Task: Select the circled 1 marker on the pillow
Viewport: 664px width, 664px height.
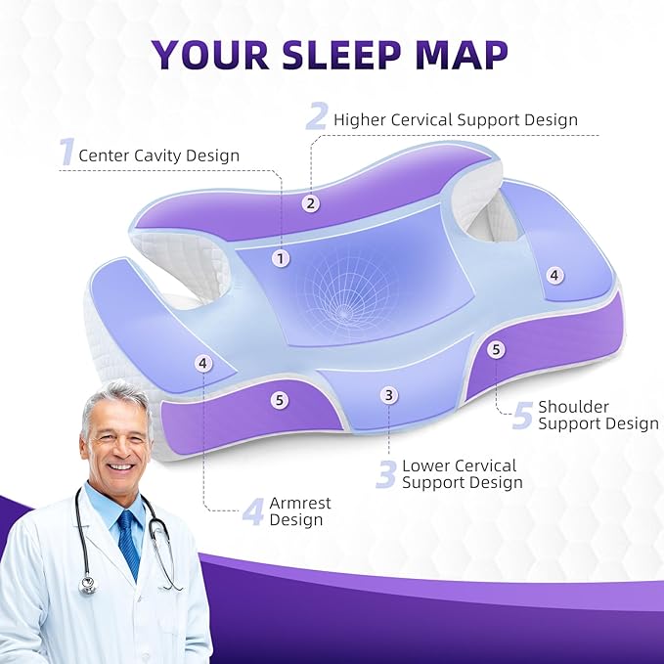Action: point(282,258)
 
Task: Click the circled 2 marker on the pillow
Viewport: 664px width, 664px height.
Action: point(311,203)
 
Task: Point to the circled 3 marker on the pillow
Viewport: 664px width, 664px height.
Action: point(389,395)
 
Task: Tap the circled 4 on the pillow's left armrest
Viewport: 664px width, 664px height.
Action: point(202,363)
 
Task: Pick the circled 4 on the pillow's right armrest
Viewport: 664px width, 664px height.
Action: point(554,276)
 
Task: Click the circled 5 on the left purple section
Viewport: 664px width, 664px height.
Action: point(281,399)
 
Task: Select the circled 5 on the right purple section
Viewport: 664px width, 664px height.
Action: point(496,348)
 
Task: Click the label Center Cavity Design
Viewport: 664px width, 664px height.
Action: point(158,155)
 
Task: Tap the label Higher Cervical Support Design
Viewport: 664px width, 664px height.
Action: point(456,119)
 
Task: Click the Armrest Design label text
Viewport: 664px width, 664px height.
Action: point(299,511)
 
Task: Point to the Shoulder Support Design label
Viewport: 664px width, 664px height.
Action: point(598,415)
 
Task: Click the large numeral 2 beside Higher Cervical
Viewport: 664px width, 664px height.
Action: point(316,117)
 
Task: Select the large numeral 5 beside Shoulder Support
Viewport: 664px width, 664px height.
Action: point(522,415)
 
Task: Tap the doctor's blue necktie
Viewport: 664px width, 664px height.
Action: point(127,543)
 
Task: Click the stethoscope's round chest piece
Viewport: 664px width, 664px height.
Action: point(88,585)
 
